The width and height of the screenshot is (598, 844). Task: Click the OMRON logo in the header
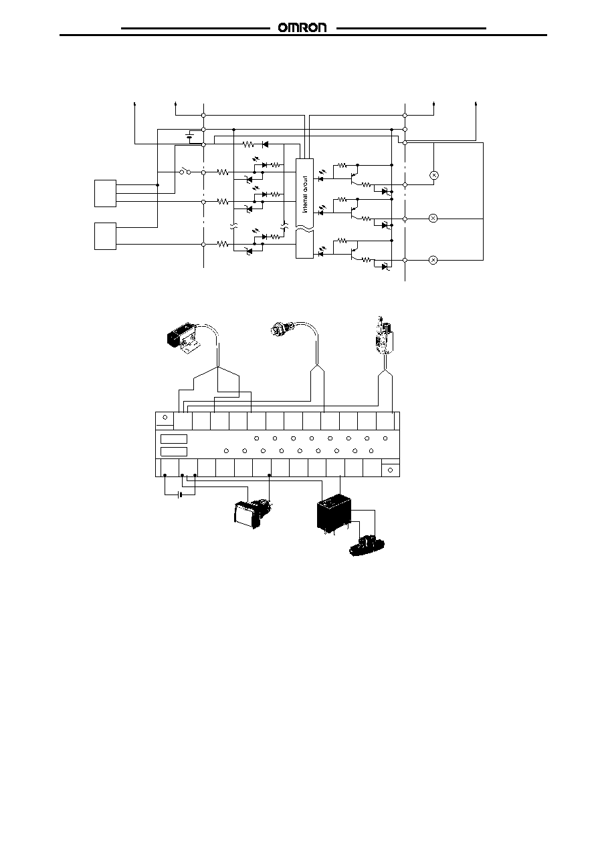coord(302,28)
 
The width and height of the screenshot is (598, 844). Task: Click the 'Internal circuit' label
coord(305,194)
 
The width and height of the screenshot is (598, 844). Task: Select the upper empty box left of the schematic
coord(105,193)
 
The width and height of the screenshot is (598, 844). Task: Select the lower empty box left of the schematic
coord(105,237)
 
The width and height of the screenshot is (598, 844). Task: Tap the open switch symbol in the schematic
coord(185,172)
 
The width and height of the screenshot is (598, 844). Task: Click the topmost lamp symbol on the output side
coord(433,175)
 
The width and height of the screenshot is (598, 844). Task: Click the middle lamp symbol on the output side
coord(433,218)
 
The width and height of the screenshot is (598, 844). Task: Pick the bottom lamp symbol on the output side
coord(433,260)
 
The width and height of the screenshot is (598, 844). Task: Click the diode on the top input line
coord(265,144)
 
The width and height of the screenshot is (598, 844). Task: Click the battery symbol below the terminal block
coord(181,495)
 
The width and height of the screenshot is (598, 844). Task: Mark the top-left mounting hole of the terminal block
coord(165,418)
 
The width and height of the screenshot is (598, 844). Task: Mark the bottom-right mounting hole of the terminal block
coord(390,470)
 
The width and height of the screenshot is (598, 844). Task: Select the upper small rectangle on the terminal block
coord(174,439)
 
